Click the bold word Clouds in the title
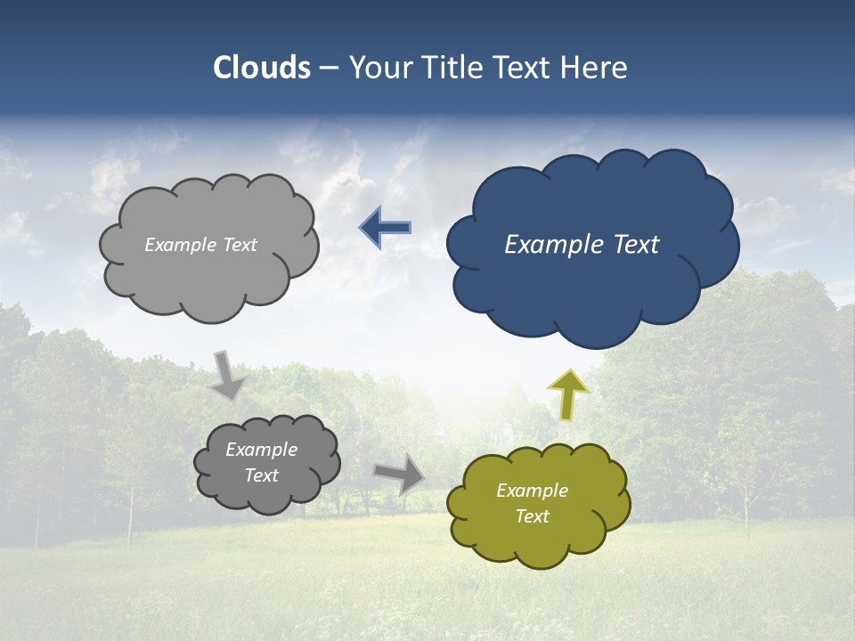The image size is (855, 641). [262, 68]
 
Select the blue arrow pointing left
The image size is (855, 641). [386, 228]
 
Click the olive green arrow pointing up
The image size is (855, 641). [567, 394]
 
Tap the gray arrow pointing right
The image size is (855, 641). [400, 473]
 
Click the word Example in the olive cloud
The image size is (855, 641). [532, 491]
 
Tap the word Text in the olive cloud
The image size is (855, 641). [532, 516]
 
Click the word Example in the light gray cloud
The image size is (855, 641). [181, 244]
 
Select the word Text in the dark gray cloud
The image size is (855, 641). [261, 475]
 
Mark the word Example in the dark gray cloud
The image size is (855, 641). [261, 450]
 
